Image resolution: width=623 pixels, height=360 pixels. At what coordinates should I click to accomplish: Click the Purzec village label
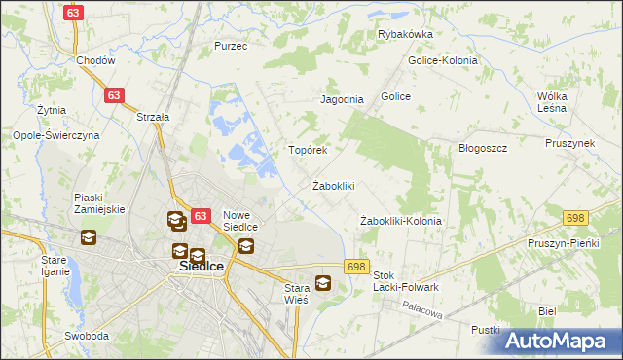pyautogui.click(x=231, y=46)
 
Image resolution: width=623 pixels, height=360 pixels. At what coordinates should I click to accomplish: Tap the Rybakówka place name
pyautogui.click(x=405, y=34)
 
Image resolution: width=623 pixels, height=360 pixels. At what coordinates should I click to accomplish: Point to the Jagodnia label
pyautogui.click(x=342, y=99)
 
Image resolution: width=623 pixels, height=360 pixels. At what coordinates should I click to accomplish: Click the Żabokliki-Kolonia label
pyautogui.click(x=400, y=221)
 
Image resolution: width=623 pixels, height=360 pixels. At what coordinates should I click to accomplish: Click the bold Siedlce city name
pyautogui.click(x=202, y=265)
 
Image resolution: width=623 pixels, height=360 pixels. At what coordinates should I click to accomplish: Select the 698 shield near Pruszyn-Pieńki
pyautogui.click(x=574, y=216)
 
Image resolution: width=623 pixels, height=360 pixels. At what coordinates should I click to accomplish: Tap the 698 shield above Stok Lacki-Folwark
pyautogui.click(x=355, y=267)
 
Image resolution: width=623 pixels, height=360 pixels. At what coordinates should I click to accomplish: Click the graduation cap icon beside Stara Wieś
pyautogui.click(x=323, y=284)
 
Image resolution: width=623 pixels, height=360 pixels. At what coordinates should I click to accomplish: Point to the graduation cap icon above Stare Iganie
pyautogui.click(x=88, y=236)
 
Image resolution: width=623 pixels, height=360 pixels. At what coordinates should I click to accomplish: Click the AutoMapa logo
pyautogui.click(x=561, y=341)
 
